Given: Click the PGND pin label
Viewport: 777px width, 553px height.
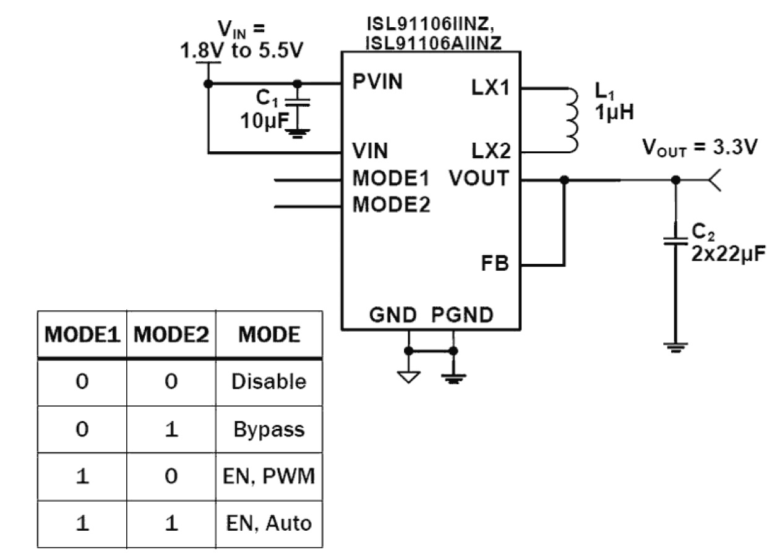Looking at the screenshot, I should click(x=463, y=315).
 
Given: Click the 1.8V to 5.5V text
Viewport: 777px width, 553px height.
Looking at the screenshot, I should click(x=241, y=51).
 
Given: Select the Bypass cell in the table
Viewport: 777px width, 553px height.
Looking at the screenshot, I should click(x=269, y=429).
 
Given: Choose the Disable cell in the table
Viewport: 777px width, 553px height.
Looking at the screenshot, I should click(x=269, y=382).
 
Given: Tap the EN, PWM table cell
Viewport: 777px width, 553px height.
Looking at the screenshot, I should click(x=269, y=477).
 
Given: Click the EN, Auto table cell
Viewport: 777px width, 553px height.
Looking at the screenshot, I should click(x=269, y=524).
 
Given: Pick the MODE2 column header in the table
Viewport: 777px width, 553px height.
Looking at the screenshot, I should click(x=171, y=335).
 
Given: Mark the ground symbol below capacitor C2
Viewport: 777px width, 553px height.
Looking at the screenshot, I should click(x=676, y=347).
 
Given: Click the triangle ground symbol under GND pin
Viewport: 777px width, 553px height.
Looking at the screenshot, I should click(x=408, y=376).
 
